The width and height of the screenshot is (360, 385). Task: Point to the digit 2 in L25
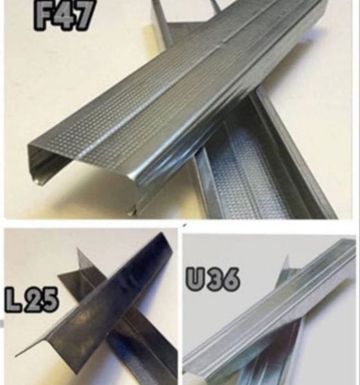pos(33,300)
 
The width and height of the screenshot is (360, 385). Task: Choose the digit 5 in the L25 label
pos(50,300)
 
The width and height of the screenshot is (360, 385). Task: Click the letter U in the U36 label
pos(196,279)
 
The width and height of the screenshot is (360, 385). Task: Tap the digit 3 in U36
pos(213,279)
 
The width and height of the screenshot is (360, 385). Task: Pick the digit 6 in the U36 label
pos(230,279)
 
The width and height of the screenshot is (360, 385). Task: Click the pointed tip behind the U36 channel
pos(287,257)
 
